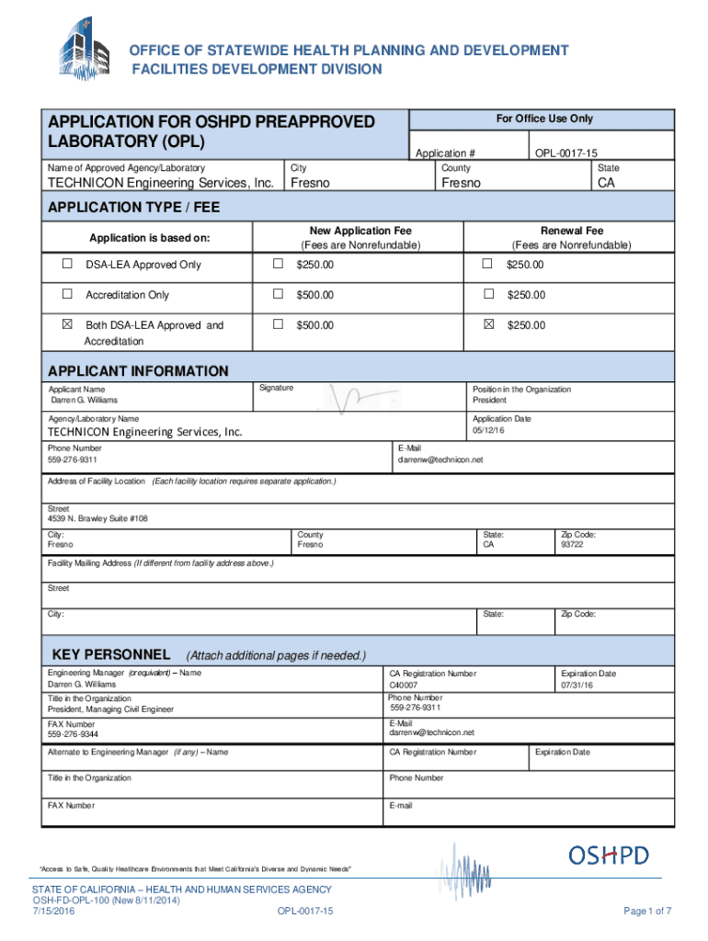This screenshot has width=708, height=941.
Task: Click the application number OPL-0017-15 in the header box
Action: click(x=571, y=153)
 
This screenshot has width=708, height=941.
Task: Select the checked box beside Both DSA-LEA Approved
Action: click(x=66, y=325)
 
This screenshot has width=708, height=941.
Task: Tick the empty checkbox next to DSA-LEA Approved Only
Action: click(x=66, y=265)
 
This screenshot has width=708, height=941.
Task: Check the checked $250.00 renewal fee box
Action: click(x=488, y=325)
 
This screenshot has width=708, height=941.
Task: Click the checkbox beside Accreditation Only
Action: click(x=66, y=295)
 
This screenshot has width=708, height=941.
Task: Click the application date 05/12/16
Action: click(x=489, y=430)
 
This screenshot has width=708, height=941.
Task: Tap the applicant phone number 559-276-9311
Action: click(x=73, y=459)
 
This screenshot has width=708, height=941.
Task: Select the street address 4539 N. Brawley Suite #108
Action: click(x=97, y=518)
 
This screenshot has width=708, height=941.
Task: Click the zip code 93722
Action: click(x=572, y=545)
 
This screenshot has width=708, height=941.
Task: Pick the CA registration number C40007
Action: click(x=404, y=686)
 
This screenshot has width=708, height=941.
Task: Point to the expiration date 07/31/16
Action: click(x=577, y=686)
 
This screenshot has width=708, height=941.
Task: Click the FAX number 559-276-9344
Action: click(x=73, y=735)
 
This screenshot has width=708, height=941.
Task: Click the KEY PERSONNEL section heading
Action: click(x=111, y=654)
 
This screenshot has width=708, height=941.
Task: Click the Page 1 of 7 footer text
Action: click(x=647, y=911)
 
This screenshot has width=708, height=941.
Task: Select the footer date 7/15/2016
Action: click(x=52, y=911)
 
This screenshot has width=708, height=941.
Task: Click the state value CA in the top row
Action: click(x=607, y=183)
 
